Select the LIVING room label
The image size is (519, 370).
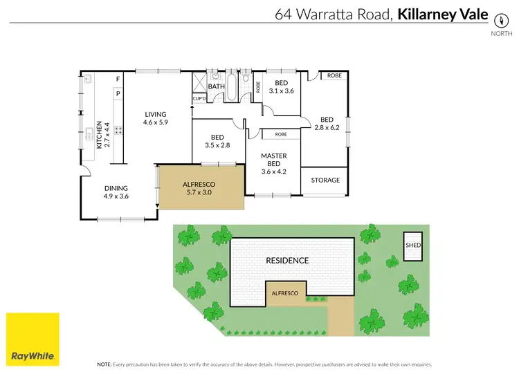[x=156, y=118]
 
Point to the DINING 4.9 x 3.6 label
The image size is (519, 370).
[x=116, y=192]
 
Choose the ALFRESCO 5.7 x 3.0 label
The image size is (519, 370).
[x=200, y=188]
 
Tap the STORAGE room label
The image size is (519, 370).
[x=325, y=181]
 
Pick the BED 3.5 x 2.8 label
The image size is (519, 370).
[x=217, y=142]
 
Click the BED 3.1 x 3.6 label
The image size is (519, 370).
[x=281, y=86]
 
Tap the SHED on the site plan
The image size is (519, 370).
[x=413, y=246]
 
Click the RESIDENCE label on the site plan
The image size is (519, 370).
[x=287, y=261]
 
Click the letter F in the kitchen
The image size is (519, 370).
[x=118, y=79]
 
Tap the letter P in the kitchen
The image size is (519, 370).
[x=118, y=93]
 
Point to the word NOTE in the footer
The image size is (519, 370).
[x=104, y=364]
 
